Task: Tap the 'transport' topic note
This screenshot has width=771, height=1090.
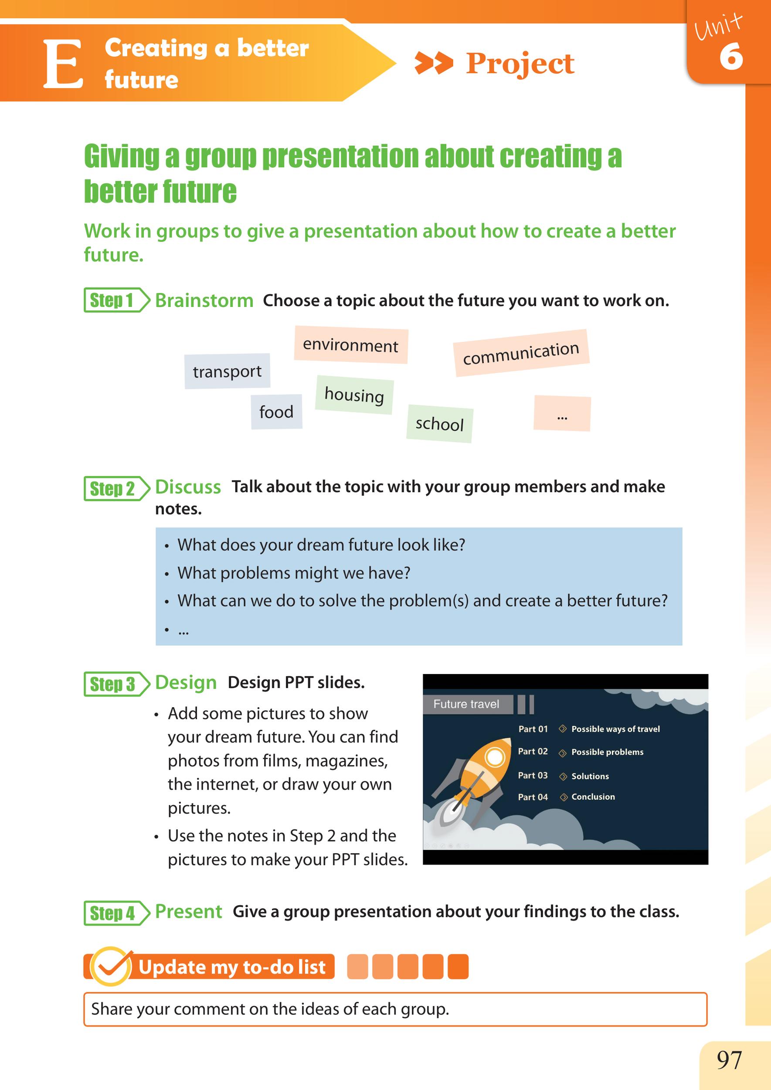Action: coord(228,371)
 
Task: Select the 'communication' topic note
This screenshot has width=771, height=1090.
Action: coord(521,353)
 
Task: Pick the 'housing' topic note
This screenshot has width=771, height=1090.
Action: coord(354,395)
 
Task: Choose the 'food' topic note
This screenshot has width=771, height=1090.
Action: coord(276,412)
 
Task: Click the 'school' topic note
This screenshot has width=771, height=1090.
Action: coord(440,424)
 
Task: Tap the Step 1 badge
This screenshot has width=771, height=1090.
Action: coord(117,300)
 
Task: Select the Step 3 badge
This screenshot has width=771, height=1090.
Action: coord(117,684)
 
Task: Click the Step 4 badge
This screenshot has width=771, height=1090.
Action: coord(117,913)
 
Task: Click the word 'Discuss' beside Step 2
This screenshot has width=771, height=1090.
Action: coord(188,487)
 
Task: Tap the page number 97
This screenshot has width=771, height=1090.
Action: coord(729,1060)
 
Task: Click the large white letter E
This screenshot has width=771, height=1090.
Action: coord(64,64)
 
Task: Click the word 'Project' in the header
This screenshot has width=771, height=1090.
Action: coord(520,63)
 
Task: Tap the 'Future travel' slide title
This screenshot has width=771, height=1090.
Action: coord(466,704)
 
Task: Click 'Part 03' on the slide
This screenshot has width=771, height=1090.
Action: coord(533,775)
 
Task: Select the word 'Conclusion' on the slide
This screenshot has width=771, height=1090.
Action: coord(593,797)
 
